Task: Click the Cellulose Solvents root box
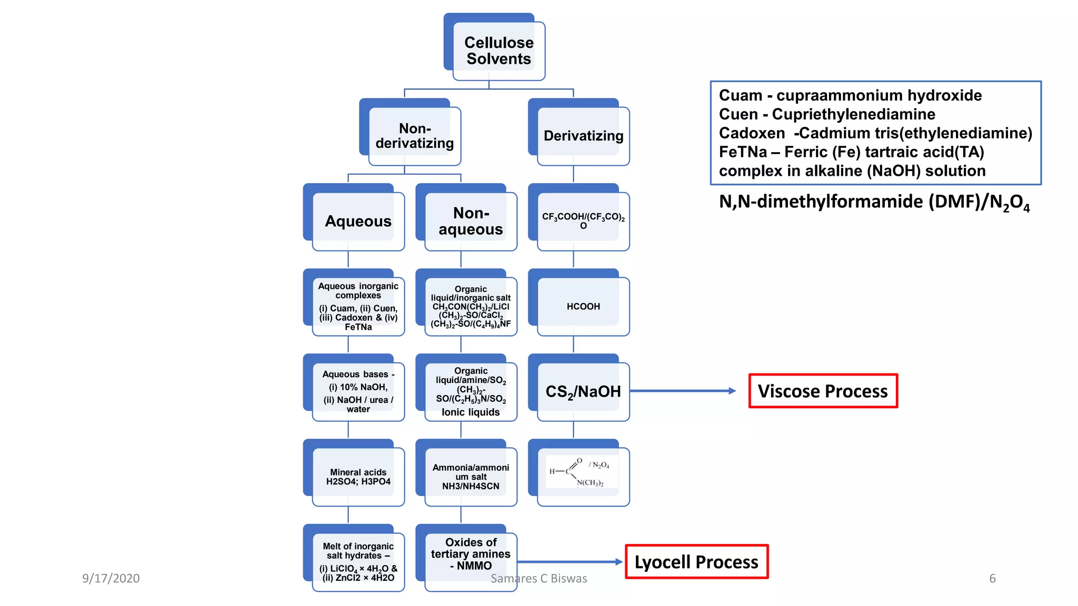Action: [x=498, y=50]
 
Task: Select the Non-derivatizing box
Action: [x=414, y=136]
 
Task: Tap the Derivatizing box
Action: [x=583, y=136]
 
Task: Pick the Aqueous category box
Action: [x=358, y=221]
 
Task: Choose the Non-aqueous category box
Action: [x=470, y=221]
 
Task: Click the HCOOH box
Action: [x=583, y=306]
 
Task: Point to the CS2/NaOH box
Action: [x=583, y=391]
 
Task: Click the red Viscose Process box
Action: [x=823, y=391]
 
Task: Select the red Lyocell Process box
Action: [x=696, y=562]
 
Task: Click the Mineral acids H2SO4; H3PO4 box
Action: [x=358, y=477]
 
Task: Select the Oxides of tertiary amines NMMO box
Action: [x=470, y=553]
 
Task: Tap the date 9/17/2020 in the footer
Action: [x=111, y=578]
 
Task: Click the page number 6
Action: [x=992, y=578]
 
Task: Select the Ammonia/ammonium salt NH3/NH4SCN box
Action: [x=470, y=477]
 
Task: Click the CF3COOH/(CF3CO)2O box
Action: [x=583, y=221]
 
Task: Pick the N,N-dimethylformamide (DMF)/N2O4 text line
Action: [x=874, y=202]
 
